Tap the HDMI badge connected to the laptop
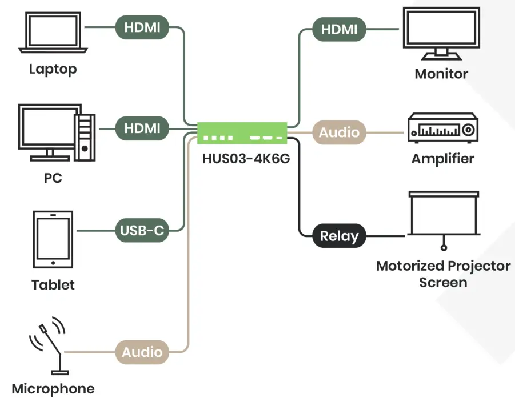click(142, 27)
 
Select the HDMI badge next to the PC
click(142, 128)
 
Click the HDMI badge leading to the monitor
click(339, 29)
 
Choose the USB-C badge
click(142, 231)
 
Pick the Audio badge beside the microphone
click(142, 352)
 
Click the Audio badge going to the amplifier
click(339, 132)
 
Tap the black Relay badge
click(339, 236)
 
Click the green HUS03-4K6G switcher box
click(242, 133)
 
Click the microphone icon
click(48, 345)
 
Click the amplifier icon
click(442, 129)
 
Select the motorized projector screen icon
click(443, 214)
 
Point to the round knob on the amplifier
click(468, 130)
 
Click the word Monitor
click(441, 74)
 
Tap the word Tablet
click(53, 284)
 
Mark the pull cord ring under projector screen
click(443, 248)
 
